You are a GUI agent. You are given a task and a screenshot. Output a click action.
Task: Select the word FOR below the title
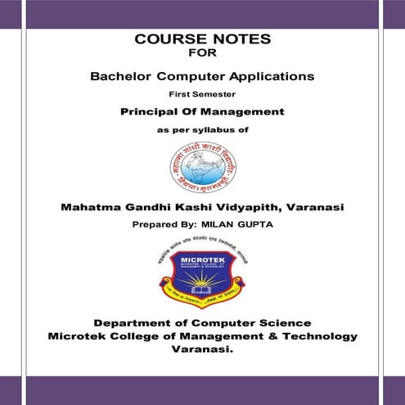tap(202, 54)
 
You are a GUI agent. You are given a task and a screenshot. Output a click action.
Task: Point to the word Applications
tap(272, 76)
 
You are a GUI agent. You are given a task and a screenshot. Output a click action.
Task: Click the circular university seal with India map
tap(202, 165)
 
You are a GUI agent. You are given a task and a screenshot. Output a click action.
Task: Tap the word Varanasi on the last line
tap(201, 349)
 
